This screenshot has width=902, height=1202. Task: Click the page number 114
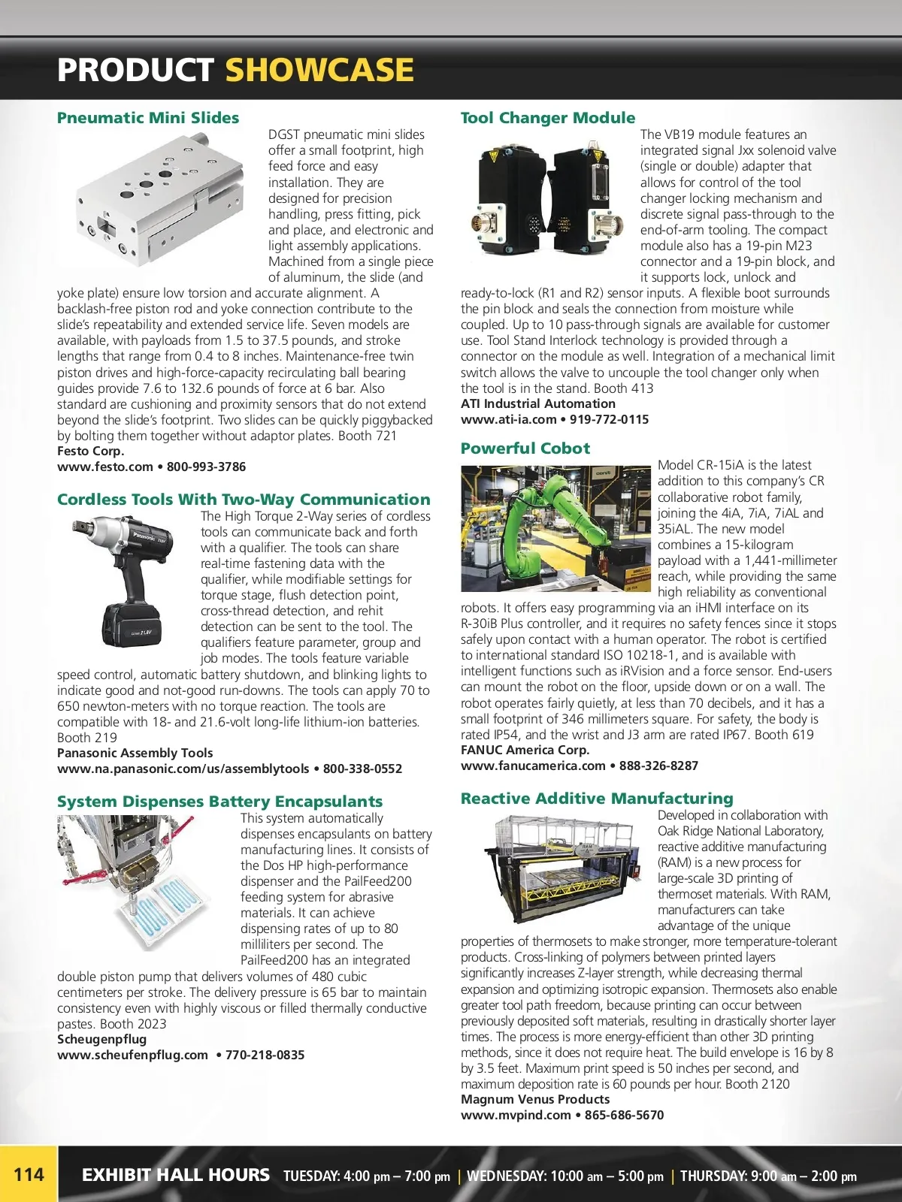click(x=29, y=1174)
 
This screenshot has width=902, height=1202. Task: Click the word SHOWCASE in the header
click(x=319, y=70)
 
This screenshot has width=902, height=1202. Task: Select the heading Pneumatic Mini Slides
click(x=148, y=118)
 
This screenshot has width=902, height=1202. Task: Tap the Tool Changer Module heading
click(x=547, y=118)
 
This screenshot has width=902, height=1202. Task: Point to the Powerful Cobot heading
click(x=525, y=448)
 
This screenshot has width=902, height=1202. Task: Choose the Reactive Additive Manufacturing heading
click(x=597, y=799)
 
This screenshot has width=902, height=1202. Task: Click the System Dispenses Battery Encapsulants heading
click(x=219, y=802)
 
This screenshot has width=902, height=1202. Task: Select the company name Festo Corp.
click(x=91, y=451)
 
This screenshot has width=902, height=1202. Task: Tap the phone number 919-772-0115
click(x=609, y=419)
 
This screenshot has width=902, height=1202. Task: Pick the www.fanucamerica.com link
click(x=533, y=766)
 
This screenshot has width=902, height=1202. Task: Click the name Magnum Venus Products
click(x=535, y=1099)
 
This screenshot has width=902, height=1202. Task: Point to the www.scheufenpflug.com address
click(x=132, y=1055)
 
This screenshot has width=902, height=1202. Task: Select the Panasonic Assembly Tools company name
click(x=135, y=753)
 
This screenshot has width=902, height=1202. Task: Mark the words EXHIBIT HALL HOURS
click(x=175, y=1175)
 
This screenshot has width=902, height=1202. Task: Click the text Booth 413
click(x=623, y=388)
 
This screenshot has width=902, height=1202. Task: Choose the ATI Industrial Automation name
click(x=538, y=403)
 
